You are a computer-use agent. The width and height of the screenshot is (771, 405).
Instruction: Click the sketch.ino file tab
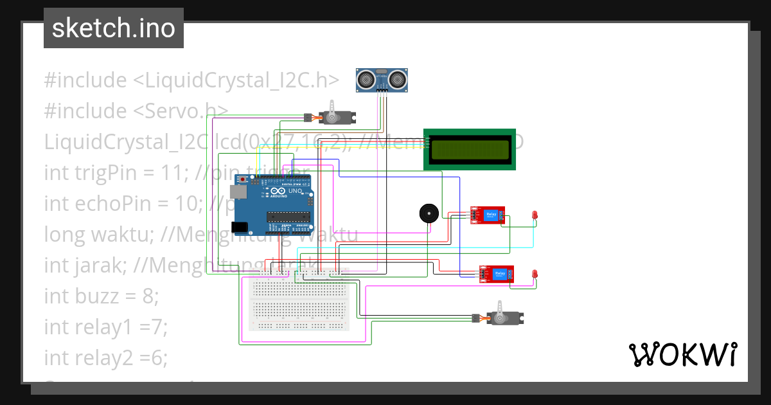[x=114, y=28]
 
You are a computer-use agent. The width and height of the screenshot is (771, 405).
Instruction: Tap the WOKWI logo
[x=682, y=354]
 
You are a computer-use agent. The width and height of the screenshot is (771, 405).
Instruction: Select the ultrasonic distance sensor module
[x=382, y=80]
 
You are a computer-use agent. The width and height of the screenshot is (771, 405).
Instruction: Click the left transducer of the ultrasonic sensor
[x=366, y=79]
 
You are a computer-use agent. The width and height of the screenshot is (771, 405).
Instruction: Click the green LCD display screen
[x=470, y=150]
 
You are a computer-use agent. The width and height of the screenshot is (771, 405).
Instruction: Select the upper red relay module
[x=488, y=215]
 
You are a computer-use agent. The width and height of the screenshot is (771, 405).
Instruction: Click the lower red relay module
[x=497, y=274]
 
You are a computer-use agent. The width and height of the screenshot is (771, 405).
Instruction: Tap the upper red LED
[x=535, y=215]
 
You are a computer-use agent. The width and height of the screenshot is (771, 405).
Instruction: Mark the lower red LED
[x=535, y=274]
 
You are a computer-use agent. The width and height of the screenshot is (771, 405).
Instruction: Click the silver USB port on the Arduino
[x=238, y=192]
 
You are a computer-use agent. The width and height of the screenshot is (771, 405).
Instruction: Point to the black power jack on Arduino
[x=240, y=226]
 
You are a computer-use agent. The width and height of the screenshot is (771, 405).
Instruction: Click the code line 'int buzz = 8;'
[x=101, y=296]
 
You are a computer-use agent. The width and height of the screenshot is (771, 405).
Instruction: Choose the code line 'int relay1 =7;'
[x=105, y=327]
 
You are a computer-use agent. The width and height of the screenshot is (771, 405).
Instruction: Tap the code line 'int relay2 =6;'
[x=105, y=358]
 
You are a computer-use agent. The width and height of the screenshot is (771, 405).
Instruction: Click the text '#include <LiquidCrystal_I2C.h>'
[x=191, y=80]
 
